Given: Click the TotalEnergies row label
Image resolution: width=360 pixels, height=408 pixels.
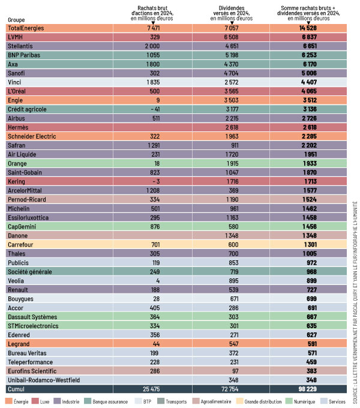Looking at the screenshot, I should tap(26, 28).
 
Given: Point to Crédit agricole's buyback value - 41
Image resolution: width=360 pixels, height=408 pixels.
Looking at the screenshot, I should tap(154, 109).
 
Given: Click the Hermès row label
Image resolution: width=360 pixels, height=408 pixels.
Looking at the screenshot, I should tap(19, 127).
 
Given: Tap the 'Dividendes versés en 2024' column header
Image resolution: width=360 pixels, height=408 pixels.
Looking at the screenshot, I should tap(231, 13).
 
